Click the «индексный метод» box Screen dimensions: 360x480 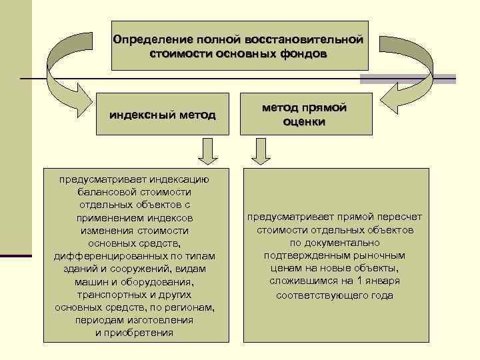[x=163, y=115]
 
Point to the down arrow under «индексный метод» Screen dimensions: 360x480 [x=207, y=153]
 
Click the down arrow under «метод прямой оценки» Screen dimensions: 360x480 [x=261, y=153]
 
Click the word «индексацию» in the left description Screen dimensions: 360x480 [x=178, y=179]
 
